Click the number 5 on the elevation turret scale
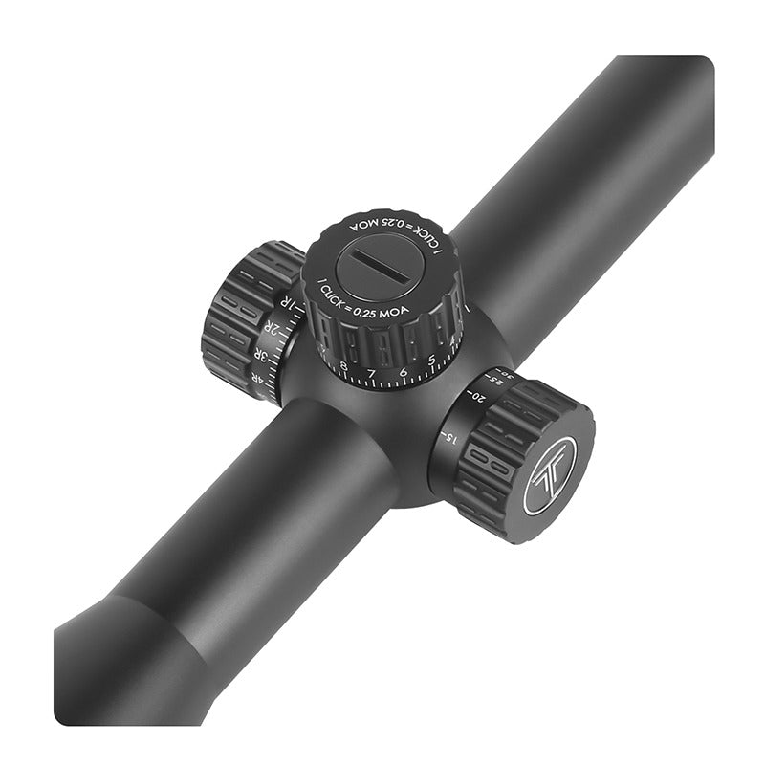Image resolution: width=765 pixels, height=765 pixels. click(x=432, y=361)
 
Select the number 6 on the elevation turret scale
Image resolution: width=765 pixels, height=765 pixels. click(x=403, y=371)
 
